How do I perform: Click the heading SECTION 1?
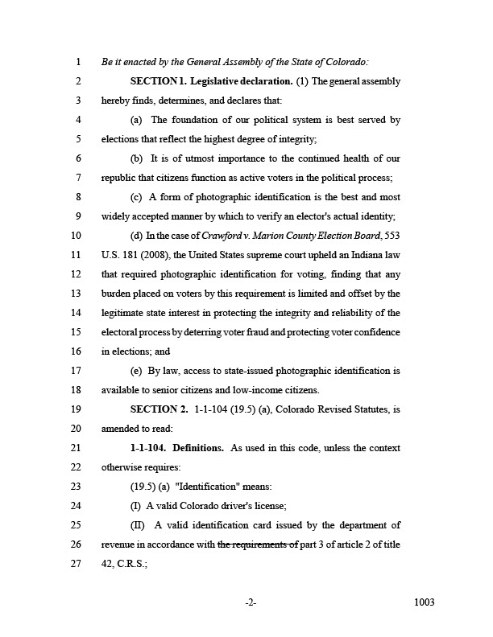pyautogui.click(x=159, y=81)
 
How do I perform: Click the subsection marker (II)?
pyautogui.click(x=139, y=525)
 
